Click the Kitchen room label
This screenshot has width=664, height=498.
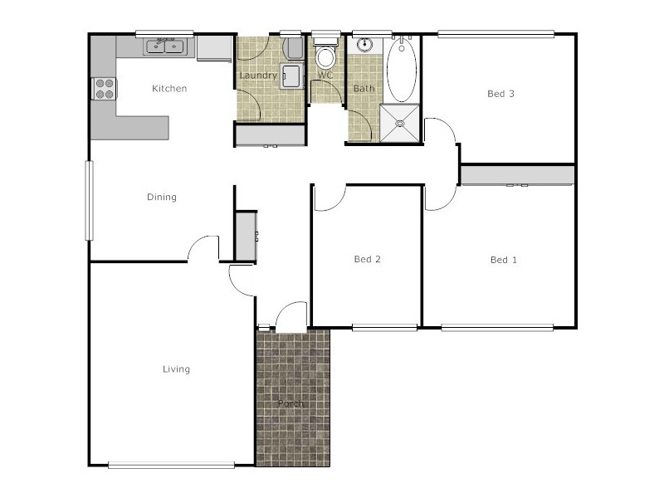pyautogui.click(x=168, y=89)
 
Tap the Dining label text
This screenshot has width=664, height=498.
pyautogui.click(x=162, y=198)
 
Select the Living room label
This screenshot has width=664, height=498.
pyautogui.click(x=176, y=369)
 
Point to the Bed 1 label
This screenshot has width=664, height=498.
pyautogui.click(x=503, y=260)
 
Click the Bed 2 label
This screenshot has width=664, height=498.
pyautogui.click(x=367, y=260)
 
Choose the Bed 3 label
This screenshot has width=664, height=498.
pyautogui.click(x=500, y=94)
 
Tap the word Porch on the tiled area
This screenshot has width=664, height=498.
pyautogui.click(x=291, y=404)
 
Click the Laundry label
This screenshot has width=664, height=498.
pyautogui.click(x=257, y=76)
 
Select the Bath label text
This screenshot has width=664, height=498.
pyautogui.click(x=364, y=88)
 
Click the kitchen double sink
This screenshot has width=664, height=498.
pyautogui.click(x=166, y=46)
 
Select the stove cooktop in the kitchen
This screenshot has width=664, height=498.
pyautogui.click(x=105, y=88)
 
